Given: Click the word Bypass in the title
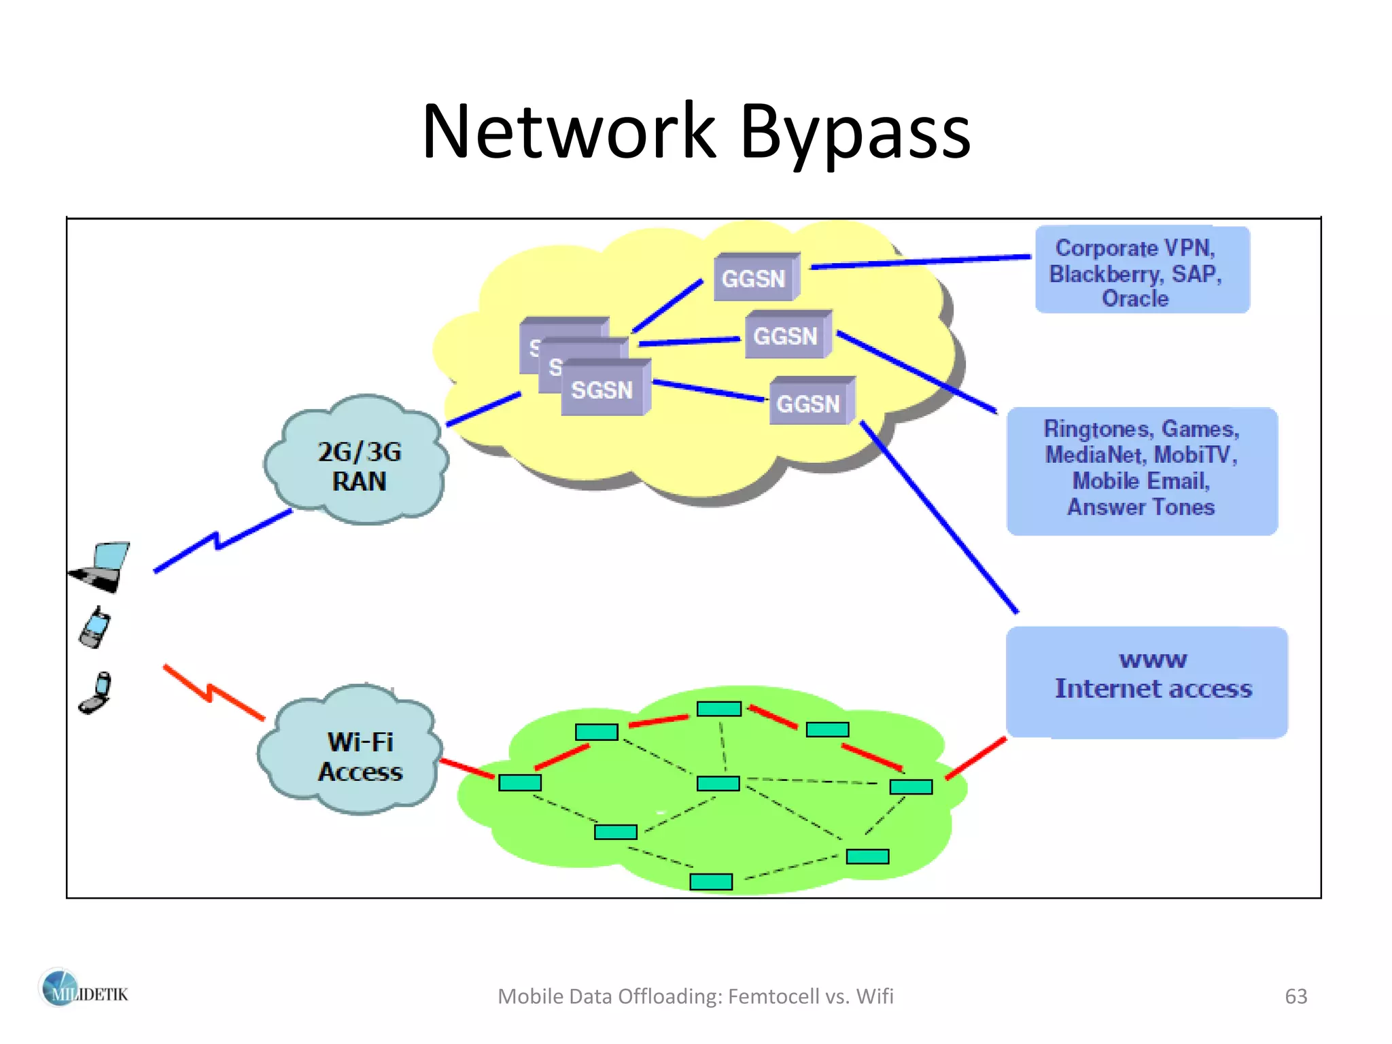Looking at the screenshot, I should click(x=854, y=132).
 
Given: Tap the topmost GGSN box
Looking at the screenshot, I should click(x=755, y=278).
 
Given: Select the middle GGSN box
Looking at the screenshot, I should click(x=786, y=336).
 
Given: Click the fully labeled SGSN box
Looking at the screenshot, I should click(x=603, y=389).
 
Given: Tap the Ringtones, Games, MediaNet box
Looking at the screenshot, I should click(x=1141, y=469).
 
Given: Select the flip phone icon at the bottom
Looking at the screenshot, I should click(x=96, y=694).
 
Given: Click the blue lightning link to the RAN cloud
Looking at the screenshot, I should click(x=217, y=542).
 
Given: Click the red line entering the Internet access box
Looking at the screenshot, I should click(x=977, y=758).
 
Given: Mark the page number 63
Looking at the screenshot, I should click(x=1295, y=996).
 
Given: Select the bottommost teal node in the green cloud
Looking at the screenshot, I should click(x=711, y=882).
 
